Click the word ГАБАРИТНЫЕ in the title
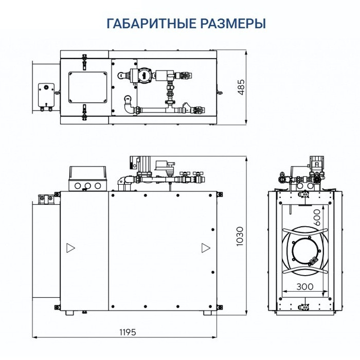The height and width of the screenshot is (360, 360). tap(143, 24)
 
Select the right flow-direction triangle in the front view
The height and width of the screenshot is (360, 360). tap(205, 248)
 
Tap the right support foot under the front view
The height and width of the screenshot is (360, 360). tap(207, 313)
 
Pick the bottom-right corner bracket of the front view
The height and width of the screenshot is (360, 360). tap(220, 307)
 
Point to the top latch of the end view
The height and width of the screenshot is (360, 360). tap(303, 195)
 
